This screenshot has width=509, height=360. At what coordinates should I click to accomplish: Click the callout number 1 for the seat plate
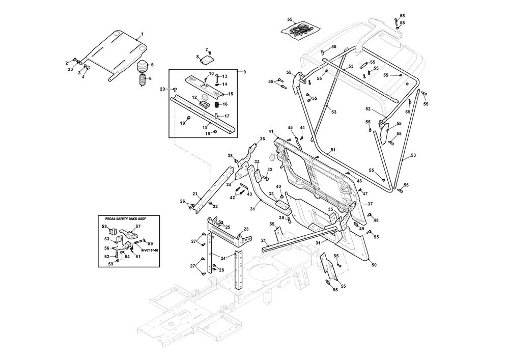pos(142,34)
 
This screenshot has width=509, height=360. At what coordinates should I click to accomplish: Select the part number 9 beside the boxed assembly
pos(244,72)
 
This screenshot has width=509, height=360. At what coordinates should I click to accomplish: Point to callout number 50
pos(374,265)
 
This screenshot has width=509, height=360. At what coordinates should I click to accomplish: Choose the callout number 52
pos(368,109)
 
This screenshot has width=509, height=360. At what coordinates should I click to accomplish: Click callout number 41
pos(271,131)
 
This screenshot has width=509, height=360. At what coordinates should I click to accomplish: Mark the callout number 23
pos(246,229)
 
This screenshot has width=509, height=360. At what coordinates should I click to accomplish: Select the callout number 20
pos(162,89)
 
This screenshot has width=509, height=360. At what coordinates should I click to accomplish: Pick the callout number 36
pos(263,139)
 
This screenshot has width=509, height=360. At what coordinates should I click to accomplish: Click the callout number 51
pos(333,150)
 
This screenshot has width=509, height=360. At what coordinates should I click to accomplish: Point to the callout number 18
pos(205,127)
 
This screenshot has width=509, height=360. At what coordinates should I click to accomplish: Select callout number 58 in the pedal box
pos(104,226)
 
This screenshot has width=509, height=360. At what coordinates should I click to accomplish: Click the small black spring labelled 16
pos(216,104)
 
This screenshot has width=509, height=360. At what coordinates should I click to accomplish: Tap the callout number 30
pos(71,69)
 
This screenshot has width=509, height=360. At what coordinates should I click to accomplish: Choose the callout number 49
pos(361,229)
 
